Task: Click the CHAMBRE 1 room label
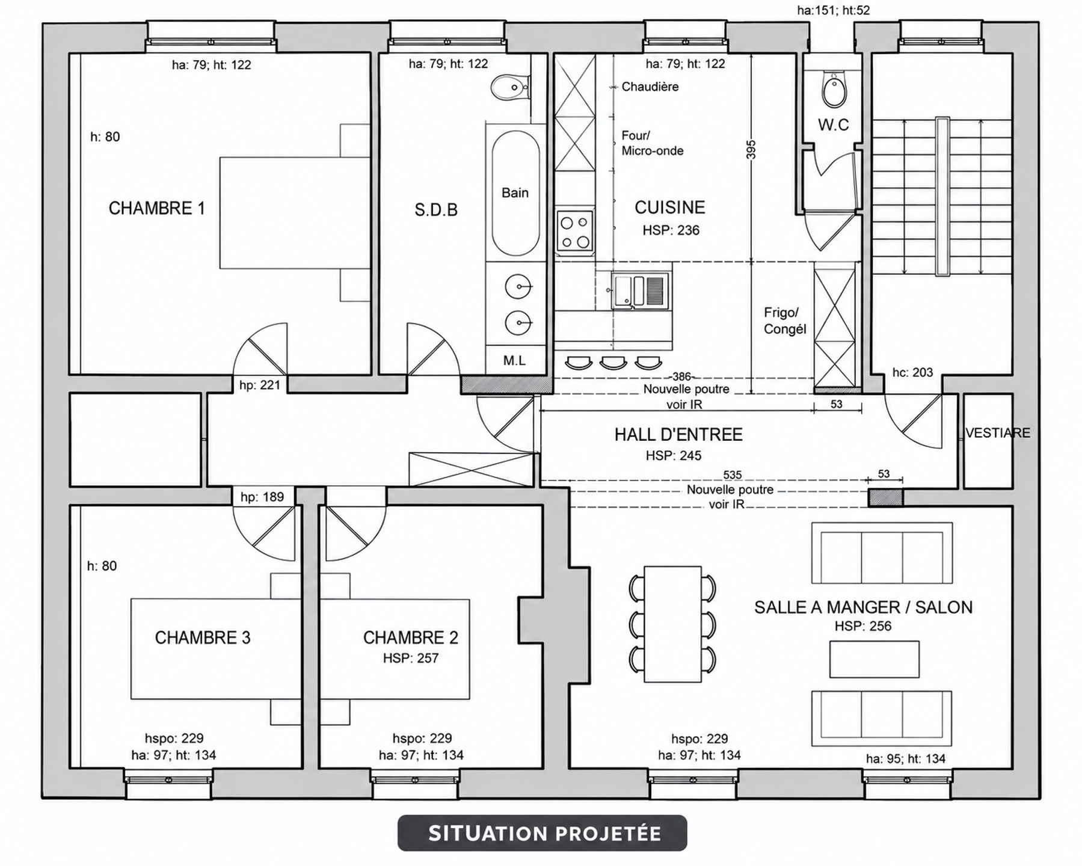coord(156,208)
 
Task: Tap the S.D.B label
coord(436,210)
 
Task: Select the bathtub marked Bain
coord(515,193)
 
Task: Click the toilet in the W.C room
coord(834,90)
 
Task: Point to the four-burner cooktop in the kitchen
coord(574,231)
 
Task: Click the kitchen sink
coord(640,290)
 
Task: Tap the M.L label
coord(515,361)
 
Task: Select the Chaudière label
coord(650,87)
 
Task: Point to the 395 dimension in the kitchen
coord(751,150)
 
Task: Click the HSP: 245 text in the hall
coord(674,456)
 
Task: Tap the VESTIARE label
coord(998,433)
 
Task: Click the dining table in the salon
coord(672,624)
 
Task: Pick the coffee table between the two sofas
coord(875,659)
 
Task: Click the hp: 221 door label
coord(260,385)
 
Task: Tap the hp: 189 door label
coord(262,497)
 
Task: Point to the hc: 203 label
coord(912,373)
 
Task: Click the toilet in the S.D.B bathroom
coord(510,88)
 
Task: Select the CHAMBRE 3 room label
coord(203,637)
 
